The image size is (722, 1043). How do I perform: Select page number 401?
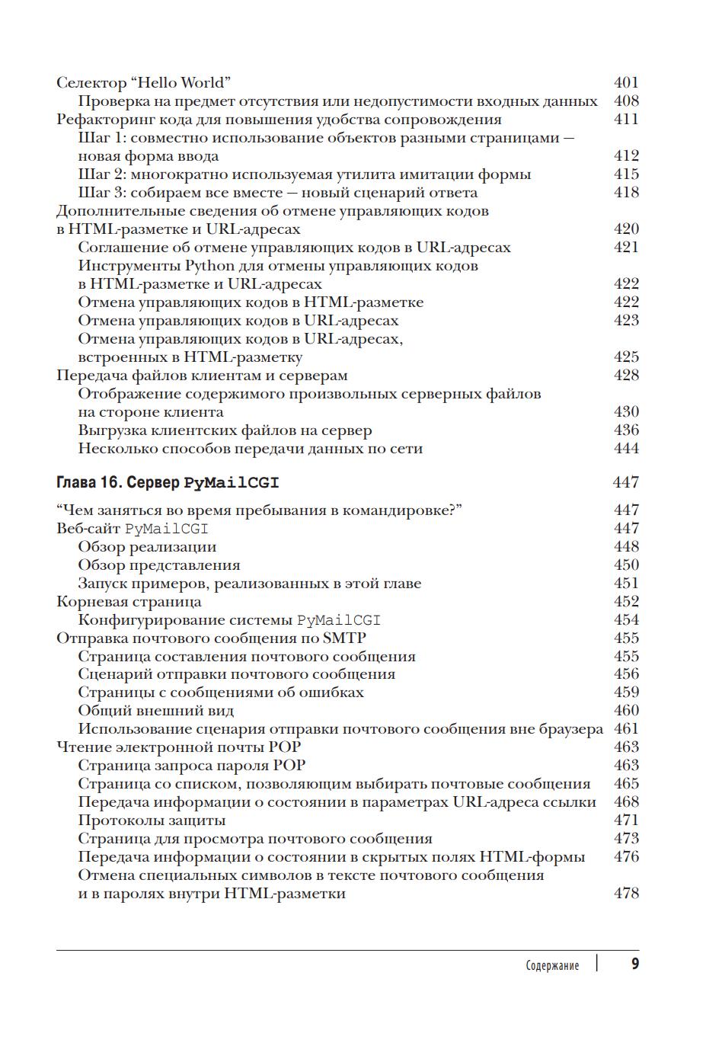pyautogui.click(x=626, y=82)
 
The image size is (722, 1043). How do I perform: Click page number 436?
pyautogui.click(x=626, y=430)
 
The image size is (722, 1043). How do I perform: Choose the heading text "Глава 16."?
pyautogui.click(x=89, y=482)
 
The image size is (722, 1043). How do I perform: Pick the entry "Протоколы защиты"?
pyautogui.click(x=152, y=820)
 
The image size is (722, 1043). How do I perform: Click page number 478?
pyautogui.click(x=626, y=893)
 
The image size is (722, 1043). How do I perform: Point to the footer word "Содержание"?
pyautogui.click(x=552, y=965)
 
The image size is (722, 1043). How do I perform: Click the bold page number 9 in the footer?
pyautogui.click(x=635, y=964)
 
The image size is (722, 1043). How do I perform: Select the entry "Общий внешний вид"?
pyautogui.click(x=155, y=710)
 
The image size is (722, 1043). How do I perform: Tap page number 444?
pyautogui.click(x=626, y=448)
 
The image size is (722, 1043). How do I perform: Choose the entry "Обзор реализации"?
pyautogui.click(x=147, y=546)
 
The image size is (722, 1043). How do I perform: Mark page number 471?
pyautogui.click(x=626, y=820)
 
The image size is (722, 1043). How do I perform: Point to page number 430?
pyautogui.click(x=626, y=411)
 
